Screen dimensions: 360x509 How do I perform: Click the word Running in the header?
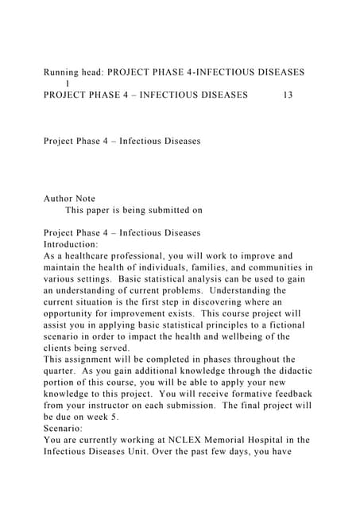tap(64, 72)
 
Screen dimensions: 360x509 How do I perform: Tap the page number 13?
tap(288, 95)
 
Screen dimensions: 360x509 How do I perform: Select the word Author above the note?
tap(60, 199)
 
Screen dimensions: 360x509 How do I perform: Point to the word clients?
tap(62, 348)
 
